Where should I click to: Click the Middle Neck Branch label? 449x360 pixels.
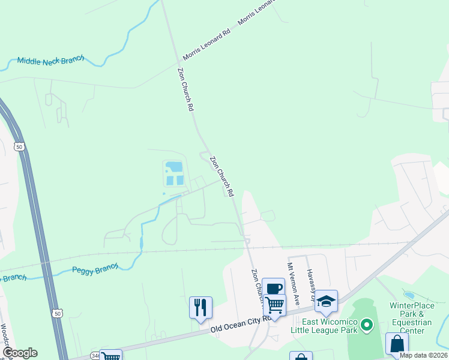(x=50, y=61)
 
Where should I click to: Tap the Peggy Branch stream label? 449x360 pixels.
(x=95, y=269)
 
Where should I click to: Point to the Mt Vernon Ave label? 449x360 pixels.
(x=293, y=278)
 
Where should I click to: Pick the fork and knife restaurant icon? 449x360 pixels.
(x=200, y=307)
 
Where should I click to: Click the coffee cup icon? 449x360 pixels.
(x=273, y=289)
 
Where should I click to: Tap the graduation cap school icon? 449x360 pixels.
(x=326, y=301)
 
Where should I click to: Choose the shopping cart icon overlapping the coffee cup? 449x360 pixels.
(x=275, y=305)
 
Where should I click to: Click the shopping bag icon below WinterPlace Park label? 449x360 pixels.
(x=397, y=344)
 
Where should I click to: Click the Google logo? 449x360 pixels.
(x=20, y=352)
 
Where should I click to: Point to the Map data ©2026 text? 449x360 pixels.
(x=423, y=355)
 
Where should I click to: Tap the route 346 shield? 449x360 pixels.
(x=95, y=356)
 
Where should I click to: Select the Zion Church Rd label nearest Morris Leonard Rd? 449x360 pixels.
(x=185, y=89)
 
